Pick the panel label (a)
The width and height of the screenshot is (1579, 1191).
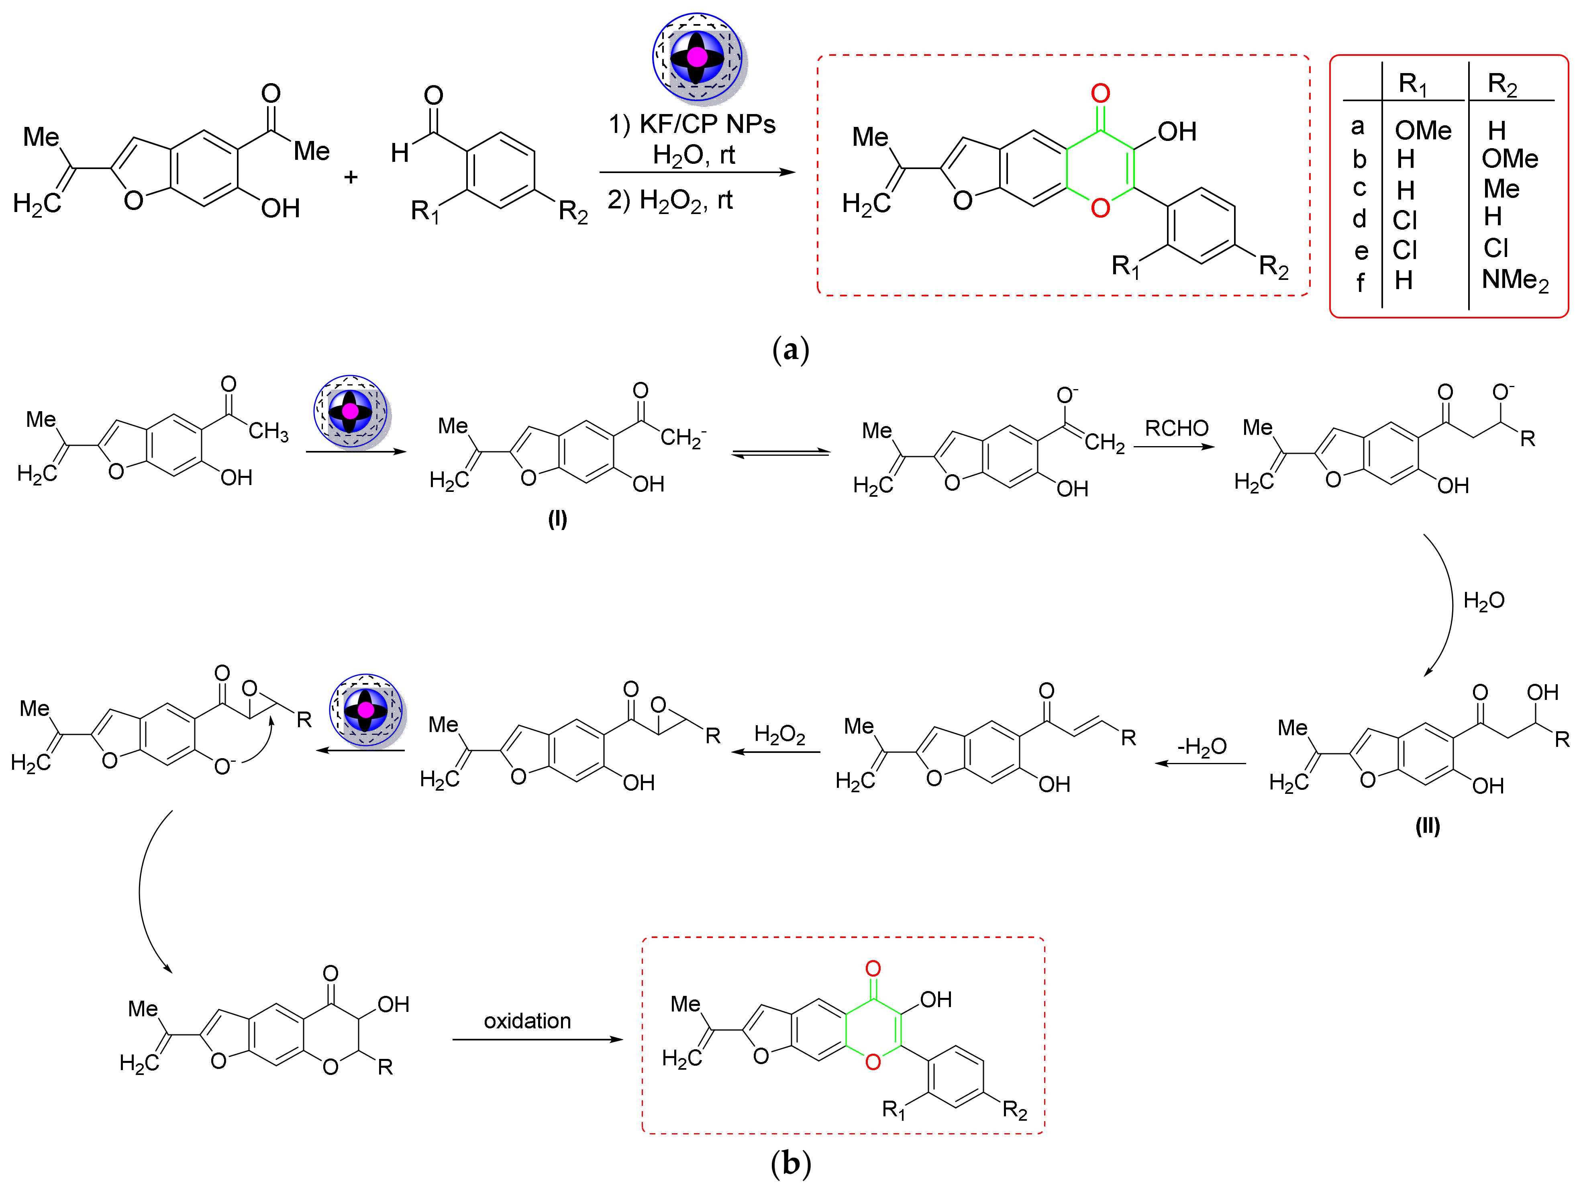[790, 350]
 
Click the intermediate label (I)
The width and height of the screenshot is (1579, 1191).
[557, 519]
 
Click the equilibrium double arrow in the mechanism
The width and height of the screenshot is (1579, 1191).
[781, 453]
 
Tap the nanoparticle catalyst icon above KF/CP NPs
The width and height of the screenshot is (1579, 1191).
[698, 57]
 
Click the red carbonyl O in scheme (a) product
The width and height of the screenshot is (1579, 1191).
[1100, 94]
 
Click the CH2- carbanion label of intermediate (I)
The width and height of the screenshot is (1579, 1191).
[682, 437]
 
